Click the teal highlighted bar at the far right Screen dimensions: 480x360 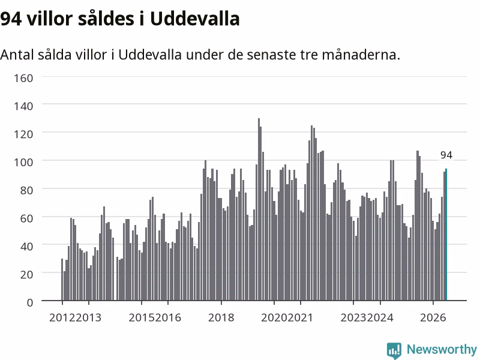[x=446, y=235]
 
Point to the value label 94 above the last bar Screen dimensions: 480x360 [x=446, y=155]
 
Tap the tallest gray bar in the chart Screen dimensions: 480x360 [x=259, y=209]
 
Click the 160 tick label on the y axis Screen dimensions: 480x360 [x=23, y=79]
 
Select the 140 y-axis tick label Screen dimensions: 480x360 [x=23, y=106]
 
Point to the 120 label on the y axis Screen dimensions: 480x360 [x=23, y=134]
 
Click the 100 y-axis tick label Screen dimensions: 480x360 [x=23, y=162]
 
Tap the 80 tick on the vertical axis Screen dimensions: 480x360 [x=26, y=190]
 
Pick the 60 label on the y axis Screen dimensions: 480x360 [x=26, y=218]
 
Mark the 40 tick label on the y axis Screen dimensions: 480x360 [x=26, y=247]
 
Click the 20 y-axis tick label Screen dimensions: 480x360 [x=26, y=275]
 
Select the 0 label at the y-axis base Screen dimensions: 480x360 [x=30, y=303]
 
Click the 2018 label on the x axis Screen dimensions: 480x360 [x=221, y=318]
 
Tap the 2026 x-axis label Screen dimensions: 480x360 [x=433, y=318]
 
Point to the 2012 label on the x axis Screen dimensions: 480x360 [x=62, y=318]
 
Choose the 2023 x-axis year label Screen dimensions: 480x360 [x=353, y=318]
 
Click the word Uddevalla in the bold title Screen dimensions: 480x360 [x=194, y=19]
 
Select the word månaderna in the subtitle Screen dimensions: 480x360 [x=361, y=55]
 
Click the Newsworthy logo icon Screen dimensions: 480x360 [x=394, y=350]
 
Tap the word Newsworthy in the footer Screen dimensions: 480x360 [x=442, y=350]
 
